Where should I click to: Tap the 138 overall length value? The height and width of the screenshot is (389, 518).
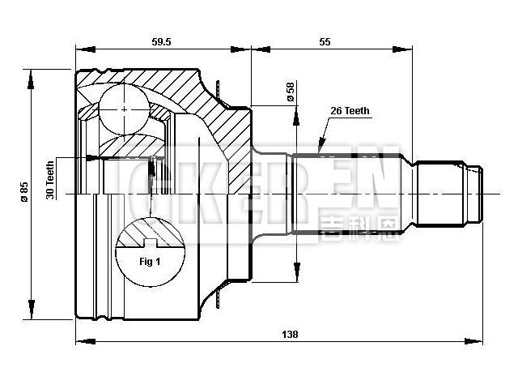coord(289,333)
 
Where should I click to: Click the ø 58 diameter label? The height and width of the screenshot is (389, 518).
coord(289,92)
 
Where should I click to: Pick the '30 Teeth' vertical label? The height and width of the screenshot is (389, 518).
coord(51,180)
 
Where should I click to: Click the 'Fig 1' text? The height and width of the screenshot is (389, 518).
coord(151,262)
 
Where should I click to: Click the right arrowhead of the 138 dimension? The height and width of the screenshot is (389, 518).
coord(478,340)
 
